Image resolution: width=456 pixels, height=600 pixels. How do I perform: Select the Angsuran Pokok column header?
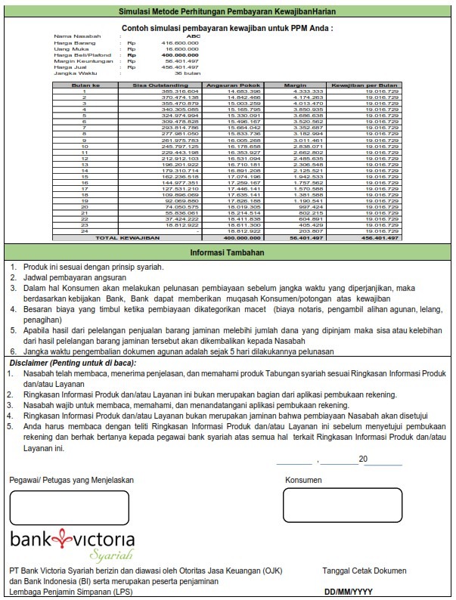(228, 85)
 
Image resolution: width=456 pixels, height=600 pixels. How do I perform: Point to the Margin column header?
(294, 85)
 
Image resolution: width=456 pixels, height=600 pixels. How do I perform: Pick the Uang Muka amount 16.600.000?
(182, 49)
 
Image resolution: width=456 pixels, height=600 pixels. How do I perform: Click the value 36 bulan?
(186, 73)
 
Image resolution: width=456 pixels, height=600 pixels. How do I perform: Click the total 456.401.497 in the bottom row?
(381, 237)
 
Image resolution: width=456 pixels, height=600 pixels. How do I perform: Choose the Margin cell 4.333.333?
(308, 91)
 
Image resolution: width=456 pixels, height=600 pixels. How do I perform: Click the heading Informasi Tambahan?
(228, 253)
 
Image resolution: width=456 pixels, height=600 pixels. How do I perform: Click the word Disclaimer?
(29, 363)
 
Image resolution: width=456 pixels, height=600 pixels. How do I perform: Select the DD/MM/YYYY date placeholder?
(349, 592)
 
